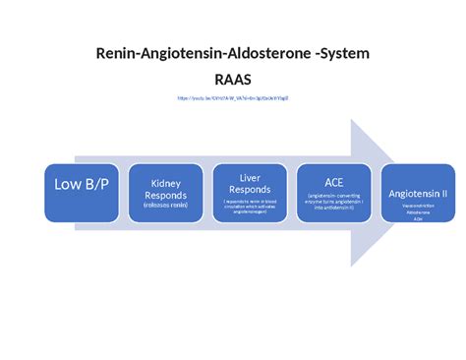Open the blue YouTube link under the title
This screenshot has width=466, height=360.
click(x=232, y=98)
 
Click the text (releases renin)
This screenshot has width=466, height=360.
click(x=165, y=207)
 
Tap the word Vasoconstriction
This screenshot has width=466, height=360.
click(x=417, y=208)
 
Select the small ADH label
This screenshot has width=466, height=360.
click(x=417, y=219)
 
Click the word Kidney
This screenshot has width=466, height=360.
click(x=165, y=183)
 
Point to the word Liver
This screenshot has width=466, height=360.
click(x=249, y=177)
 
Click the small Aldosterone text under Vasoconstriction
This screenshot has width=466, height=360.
click(x=417, y=213)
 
